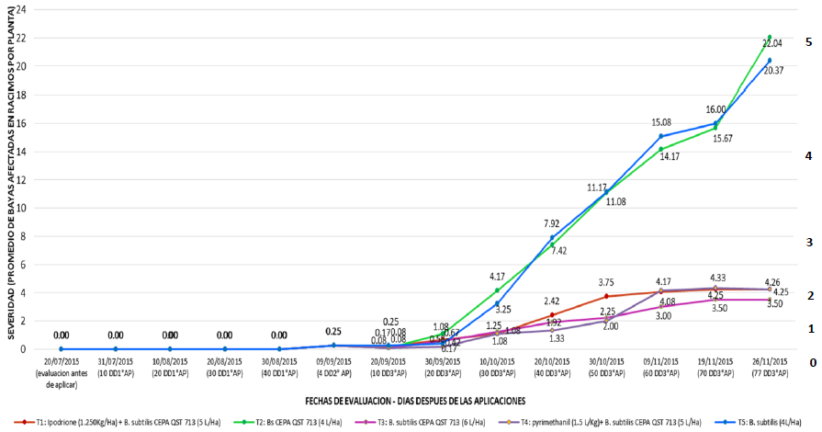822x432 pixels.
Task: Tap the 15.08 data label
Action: (x=660, y=121)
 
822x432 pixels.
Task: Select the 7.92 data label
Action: (x=551, y=223)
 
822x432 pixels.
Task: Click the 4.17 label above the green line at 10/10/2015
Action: (x=497, y=276)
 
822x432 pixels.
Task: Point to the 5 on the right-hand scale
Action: (x=808, y=42)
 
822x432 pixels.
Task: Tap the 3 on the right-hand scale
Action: (x=808, y=242)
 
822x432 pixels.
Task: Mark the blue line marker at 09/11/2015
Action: (x=660, y=136)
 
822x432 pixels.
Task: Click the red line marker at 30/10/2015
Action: (x=606, y=296)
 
